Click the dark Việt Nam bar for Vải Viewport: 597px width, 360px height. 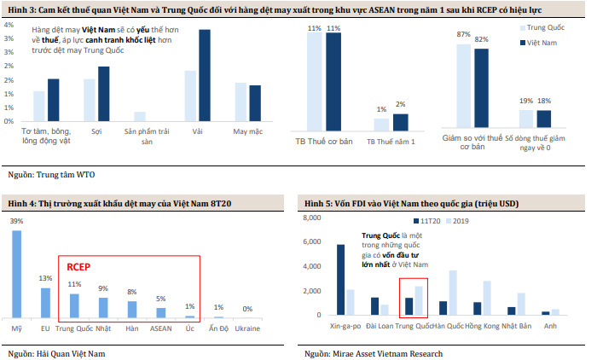pos(204,77)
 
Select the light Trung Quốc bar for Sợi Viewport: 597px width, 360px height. pos(90,101)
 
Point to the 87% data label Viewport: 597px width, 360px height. pos(464,35)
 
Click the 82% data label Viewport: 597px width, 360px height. pos(481,40)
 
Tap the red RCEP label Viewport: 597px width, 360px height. pos(80,267)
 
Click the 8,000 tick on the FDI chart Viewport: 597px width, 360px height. pos(311,218)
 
